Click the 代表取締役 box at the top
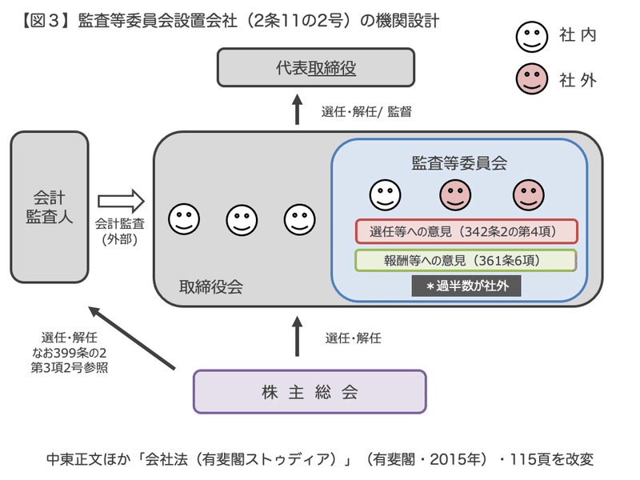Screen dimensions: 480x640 316,67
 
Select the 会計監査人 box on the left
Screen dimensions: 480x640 50,206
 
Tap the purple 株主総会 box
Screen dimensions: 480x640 310,391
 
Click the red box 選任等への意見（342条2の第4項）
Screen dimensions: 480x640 466,232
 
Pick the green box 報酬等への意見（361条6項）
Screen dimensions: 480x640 466,261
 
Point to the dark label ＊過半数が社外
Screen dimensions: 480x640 466,286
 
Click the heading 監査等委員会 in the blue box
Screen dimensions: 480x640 459,162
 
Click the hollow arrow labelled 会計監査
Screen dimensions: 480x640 120,199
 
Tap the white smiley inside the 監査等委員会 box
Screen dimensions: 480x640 384,194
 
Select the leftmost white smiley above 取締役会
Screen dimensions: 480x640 182,218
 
